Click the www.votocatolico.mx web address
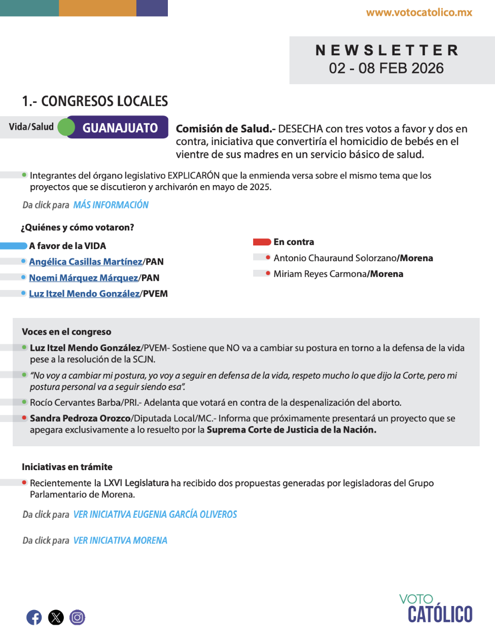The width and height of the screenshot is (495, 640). pos(419,13)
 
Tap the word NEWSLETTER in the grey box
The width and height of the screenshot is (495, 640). pos(387,50)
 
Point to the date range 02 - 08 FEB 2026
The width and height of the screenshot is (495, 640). pos(386,68)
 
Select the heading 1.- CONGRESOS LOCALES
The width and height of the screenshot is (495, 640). pos(95,101)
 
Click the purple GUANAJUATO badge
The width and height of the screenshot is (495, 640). pos(120,128)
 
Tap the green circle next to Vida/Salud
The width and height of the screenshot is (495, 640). pos(66,127)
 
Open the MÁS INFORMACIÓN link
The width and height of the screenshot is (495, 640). pos(111,205)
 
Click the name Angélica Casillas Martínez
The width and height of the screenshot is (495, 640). pos(86,262)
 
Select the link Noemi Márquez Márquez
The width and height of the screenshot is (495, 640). pos(83,278)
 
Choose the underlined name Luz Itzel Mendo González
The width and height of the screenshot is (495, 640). pos(84,294)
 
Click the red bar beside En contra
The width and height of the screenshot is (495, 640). pos(262,242)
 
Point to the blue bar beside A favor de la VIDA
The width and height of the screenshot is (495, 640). pos(14,246)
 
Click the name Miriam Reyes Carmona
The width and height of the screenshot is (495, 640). pos(321,274)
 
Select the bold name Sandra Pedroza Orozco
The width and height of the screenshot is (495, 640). pos(80,418)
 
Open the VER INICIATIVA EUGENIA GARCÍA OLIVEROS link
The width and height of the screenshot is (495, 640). pos(155,514)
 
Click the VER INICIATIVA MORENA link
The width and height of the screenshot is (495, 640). pos(120,541)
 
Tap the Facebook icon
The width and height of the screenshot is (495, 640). pos(34,617)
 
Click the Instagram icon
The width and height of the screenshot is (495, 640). pos(77,617)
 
